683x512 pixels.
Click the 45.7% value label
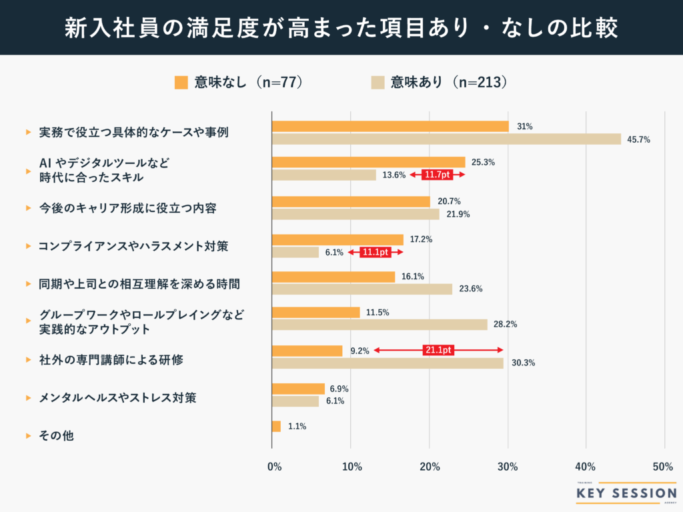coord(638,139)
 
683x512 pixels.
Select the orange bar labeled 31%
coord(390,127)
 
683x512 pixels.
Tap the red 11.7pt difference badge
coord(437,175)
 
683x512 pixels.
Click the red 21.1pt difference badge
coord(438,350)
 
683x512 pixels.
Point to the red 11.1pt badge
coord(375,253)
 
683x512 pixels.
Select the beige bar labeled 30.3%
coord(388,363)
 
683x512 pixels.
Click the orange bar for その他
coord(276,427)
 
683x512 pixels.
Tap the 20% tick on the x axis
coord(430,467)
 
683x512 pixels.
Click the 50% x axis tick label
coord(663,467)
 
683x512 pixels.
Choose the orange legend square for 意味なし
coord(181,82)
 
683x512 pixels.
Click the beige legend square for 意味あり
coord(377,82)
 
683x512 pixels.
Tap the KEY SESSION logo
coord(626,493)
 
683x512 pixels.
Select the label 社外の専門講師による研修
coord(111,360)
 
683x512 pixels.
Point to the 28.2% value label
coord(506,325)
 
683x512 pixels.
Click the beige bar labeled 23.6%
coord(362,289)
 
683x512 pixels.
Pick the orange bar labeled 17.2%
coord(337,239)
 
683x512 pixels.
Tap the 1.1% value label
coord(297,427)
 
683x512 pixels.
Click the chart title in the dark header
coord(341,27)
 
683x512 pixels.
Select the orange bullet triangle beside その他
coord(28,436)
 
